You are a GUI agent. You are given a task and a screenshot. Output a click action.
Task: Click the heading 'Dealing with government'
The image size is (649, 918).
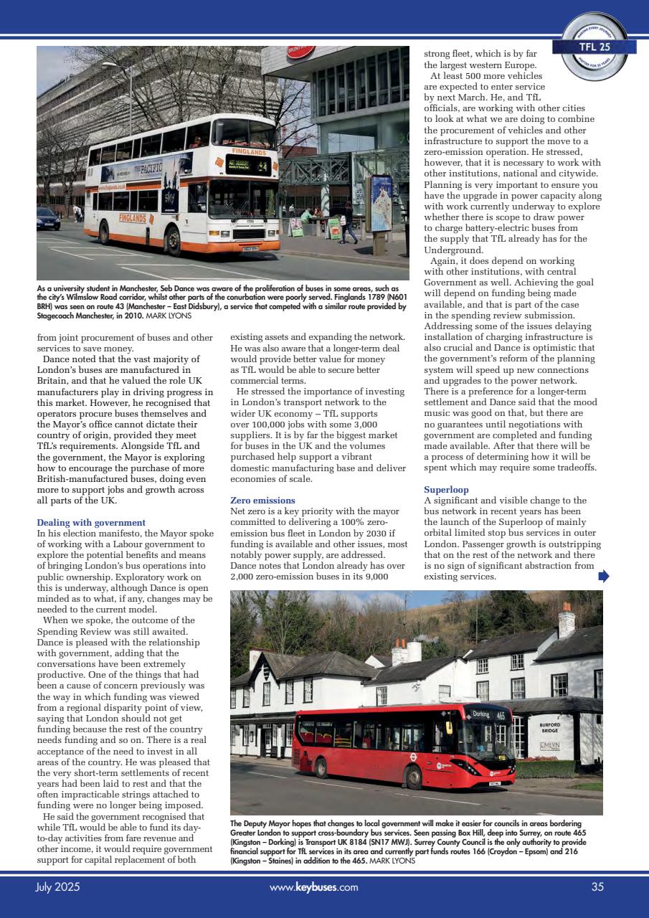pos(90,523)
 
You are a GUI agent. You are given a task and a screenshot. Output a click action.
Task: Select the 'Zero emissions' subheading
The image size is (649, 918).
pos(262,500)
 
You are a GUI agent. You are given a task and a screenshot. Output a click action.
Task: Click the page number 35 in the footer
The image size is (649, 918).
pos(597,887)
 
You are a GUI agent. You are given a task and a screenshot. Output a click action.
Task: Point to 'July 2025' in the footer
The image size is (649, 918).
pos(57,887)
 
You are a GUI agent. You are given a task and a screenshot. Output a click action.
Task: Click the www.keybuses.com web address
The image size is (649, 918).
pos(313,887)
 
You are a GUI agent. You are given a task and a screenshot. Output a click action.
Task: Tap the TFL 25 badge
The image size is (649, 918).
pos(594,47)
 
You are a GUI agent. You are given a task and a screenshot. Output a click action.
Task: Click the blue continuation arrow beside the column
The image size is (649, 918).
pos(603,575)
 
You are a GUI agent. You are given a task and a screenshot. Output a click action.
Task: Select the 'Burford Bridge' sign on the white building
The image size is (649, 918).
pos(549,727)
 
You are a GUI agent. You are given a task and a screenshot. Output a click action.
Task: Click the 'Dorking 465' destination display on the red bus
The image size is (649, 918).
pos(488,714)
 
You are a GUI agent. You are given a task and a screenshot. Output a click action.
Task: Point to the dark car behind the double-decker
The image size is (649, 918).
pos(47,219)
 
